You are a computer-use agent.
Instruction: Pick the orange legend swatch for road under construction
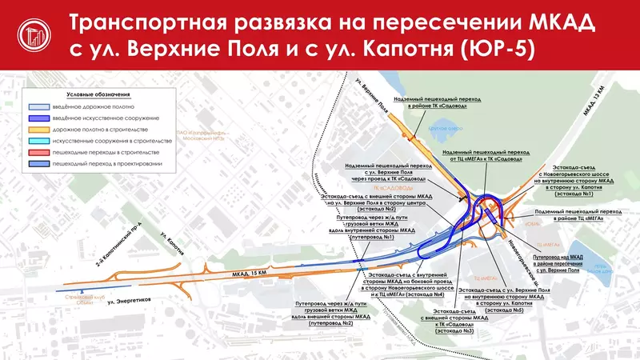click(37, 129)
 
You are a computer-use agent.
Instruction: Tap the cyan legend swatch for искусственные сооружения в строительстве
click(37, 140)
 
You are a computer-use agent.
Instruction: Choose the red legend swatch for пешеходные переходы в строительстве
click(37, 151)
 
